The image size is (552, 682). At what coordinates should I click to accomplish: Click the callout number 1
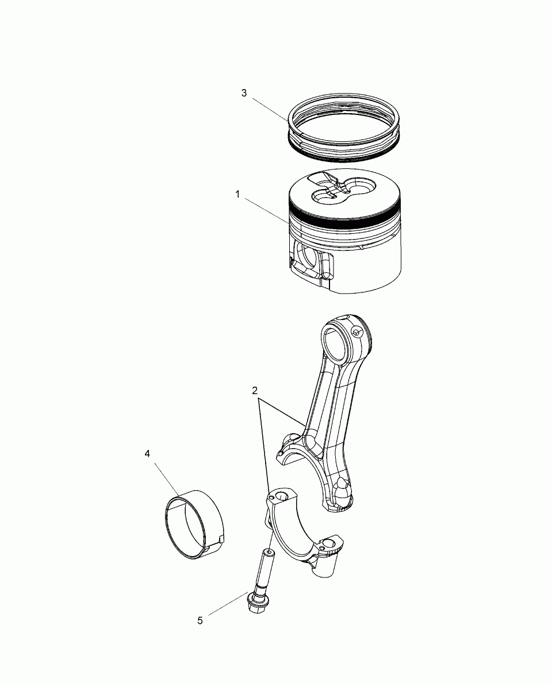(237, 194)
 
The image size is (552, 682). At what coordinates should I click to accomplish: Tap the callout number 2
(255, 390)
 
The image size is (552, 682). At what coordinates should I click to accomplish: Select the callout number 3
(244, 93)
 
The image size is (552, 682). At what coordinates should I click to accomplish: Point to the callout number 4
(147, 454)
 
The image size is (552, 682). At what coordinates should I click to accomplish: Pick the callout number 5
(200, 621)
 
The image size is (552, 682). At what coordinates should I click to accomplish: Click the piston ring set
(343, 125)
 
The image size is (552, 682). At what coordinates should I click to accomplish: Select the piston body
(345, 231)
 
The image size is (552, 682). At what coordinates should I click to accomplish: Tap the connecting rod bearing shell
(194, 524)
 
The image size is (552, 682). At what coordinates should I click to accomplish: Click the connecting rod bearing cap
(304, 531)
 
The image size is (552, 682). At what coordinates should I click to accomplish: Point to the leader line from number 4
(167, 479)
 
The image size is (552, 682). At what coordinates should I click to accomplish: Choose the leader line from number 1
(266, 211)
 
